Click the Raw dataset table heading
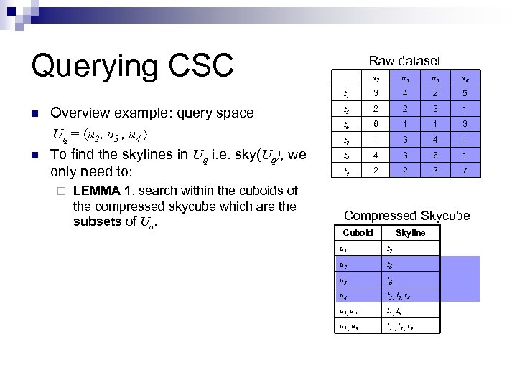click(x=404, y=61)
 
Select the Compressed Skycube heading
click(x=407, y=216)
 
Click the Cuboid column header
click(x=358, y=233)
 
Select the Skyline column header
click(x=411, y=233)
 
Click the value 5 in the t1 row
click(x=464, y=92)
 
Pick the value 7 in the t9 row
click(x=464, y=171)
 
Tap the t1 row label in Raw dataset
click(x=347, y=92)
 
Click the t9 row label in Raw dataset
click(x=347, y=171)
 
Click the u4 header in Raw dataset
click(x=464, y=77)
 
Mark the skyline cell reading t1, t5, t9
click(x=399, y=328)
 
